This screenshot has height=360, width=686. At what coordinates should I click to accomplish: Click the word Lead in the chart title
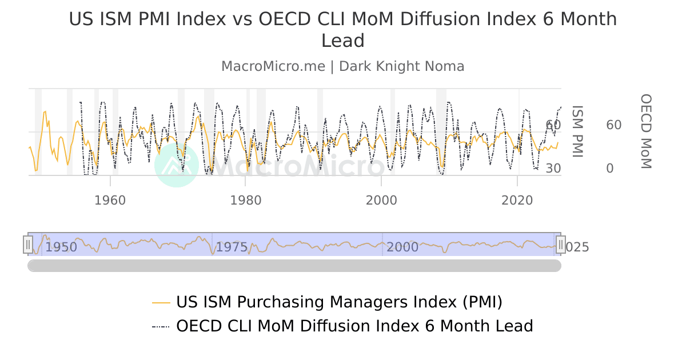[343, 41]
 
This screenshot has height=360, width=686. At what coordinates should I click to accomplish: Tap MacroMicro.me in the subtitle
[273, 66]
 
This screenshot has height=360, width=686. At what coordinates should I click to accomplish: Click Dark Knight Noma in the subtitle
[401, 66]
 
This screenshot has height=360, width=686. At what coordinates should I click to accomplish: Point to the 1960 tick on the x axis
[110, 201]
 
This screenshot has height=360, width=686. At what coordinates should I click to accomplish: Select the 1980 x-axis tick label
[245, 201]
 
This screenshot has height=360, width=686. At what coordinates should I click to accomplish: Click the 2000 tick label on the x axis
[381, 201]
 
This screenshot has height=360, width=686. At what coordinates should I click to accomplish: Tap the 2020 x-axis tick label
[517, 201]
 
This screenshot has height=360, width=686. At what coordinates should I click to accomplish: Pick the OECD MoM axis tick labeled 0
[609, 169]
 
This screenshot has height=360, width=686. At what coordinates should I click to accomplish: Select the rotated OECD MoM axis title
[645, 131]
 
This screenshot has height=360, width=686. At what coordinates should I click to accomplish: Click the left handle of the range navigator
[28, 245]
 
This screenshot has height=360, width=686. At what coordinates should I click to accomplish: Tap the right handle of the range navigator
[561, 245]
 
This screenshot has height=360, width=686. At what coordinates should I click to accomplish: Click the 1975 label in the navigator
[232, 247]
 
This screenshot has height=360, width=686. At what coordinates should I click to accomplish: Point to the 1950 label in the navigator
[61, 247]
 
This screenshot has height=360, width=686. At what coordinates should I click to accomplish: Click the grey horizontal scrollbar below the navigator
[294, 266]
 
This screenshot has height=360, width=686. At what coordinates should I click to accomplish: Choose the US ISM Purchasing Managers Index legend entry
[339, 302]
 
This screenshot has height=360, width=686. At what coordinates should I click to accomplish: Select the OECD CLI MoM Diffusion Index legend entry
[354, 326]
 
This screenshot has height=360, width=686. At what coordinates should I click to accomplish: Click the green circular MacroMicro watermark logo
[177, 165]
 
